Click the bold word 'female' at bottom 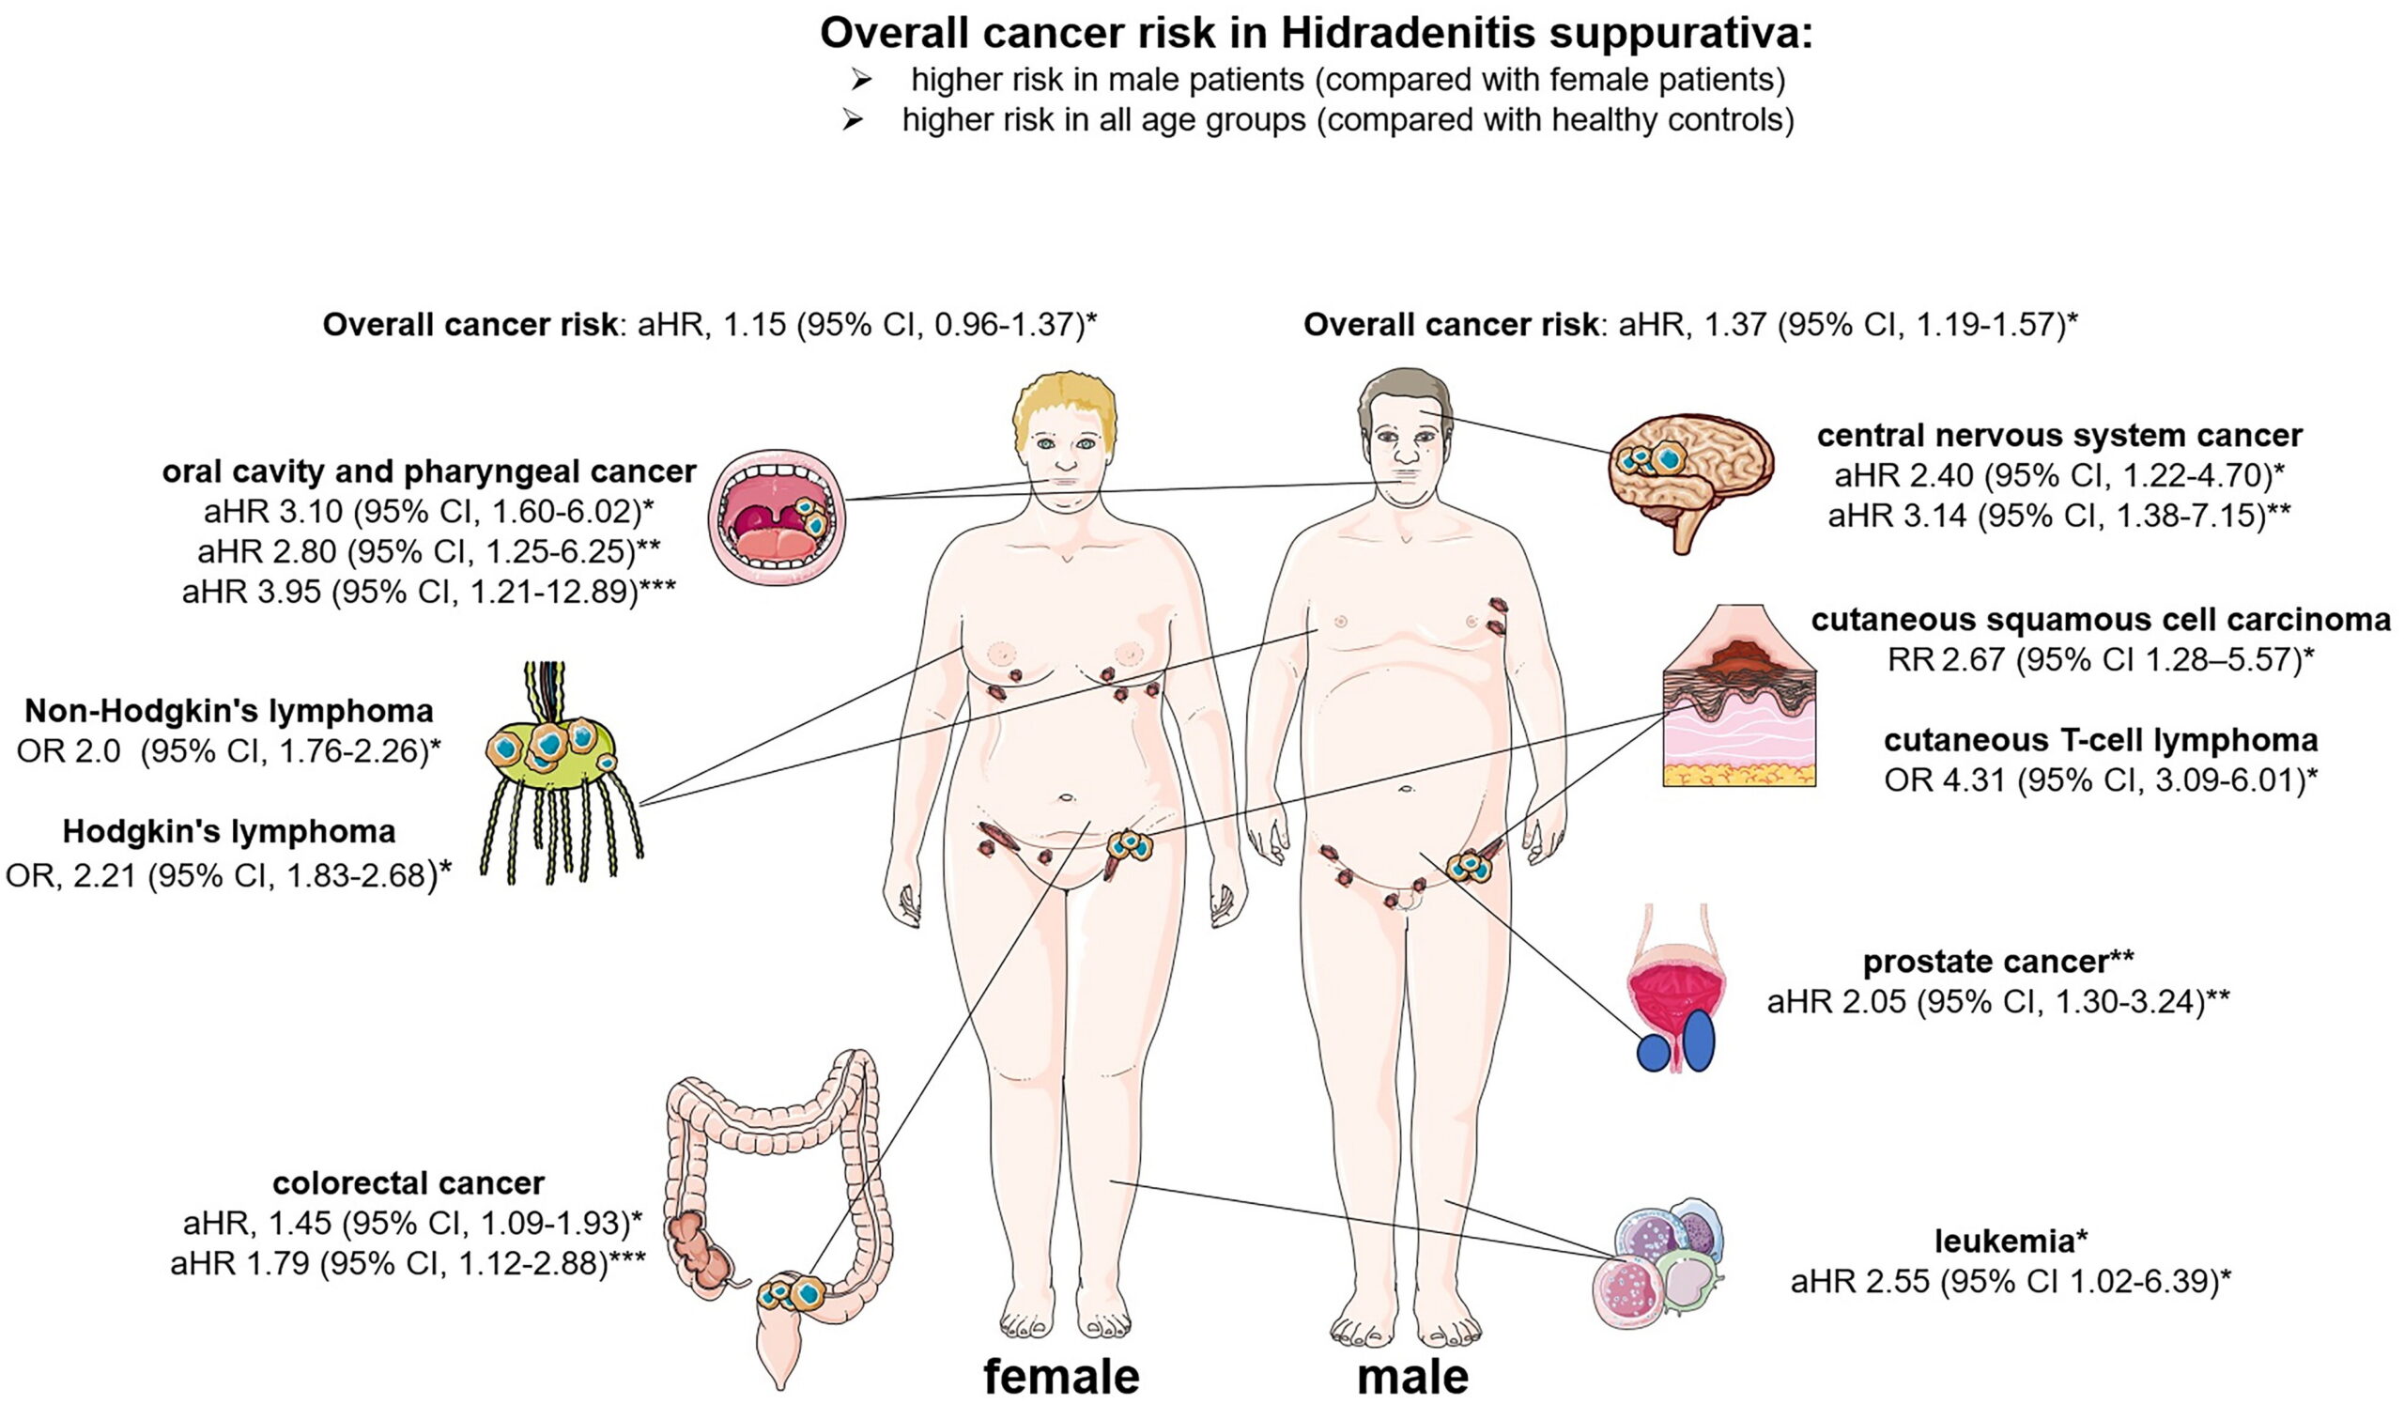click(1061, 1377)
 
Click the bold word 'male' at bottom click(1413, 1377)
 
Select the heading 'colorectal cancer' click(408, 1182)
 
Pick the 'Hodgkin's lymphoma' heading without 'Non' click(229, 832)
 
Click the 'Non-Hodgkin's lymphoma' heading click(229, 711)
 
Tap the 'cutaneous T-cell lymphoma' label click(2101, 740)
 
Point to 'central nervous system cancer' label click(2059, 435)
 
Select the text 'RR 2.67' click(1946, 659)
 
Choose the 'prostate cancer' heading click(1985, 962)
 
